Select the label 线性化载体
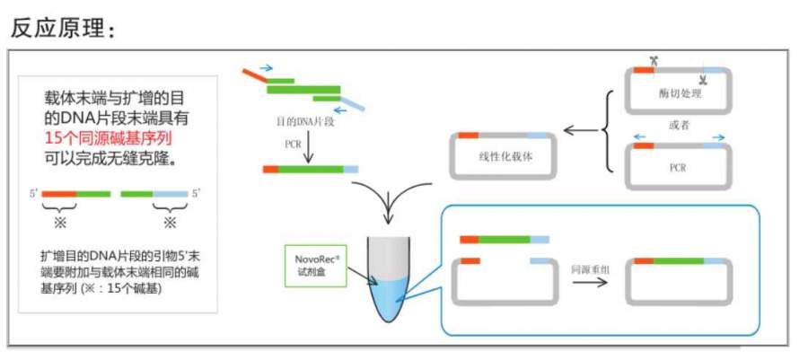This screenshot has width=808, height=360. pos(506,154)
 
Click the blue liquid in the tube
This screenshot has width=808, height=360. pos(387,297)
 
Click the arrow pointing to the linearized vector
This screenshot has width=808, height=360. pos(581,129)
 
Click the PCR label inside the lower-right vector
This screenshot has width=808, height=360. pos(679,167)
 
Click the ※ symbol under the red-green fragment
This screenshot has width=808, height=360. pos(59,222)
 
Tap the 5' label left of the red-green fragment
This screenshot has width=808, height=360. pos(34,193)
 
